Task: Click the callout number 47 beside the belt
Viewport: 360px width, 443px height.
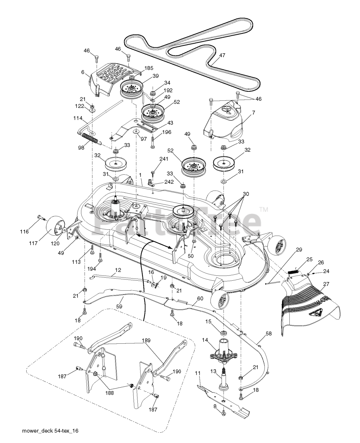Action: (222, 55)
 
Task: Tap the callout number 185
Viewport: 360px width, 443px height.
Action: (139, 69)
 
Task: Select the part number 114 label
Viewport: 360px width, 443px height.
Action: (78, 118)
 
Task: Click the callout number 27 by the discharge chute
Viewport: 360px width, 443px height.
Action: (326, 284)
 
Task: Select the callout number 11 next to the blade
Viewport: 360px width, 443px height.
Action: (198, 373)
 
